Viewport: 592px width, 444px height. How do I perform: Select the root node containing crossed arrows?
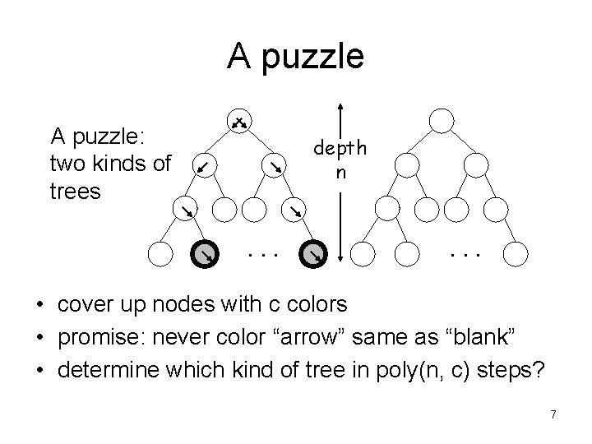coord(238,122)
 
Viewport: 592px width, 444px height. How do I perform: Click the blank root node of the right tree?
coord(442,122)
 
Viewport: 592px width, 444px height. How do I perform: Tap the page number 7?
coord(553,415)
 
